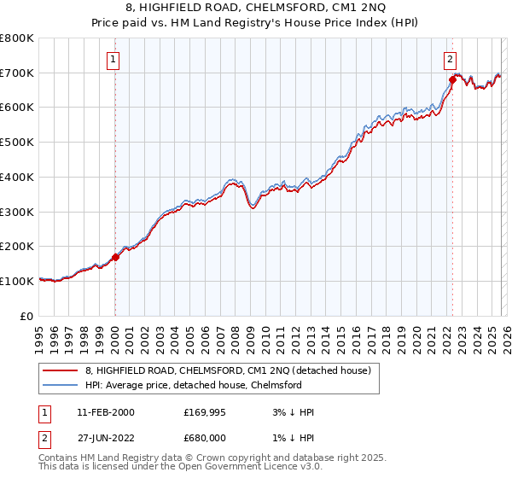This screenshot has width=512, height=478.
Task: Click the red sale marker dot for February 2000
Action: point(115,257)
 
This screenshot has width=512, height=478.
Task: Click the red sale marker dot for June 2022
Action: point(452,79)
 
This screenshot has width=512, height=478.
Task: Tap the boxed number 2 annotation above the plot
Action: point(450,60)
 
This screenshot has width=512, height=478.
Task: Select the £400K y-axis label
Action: point(17,178)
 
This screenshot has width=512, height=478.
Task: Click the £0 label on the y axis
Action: point(26,316)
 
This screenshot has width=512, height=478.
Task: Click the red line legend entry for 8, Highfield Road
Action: point(228,371)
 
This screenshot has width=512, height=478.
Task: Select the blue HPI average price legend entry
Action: point(194,386)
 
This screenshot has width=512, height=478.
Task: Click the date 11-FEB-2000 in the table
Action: point(105,412)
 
